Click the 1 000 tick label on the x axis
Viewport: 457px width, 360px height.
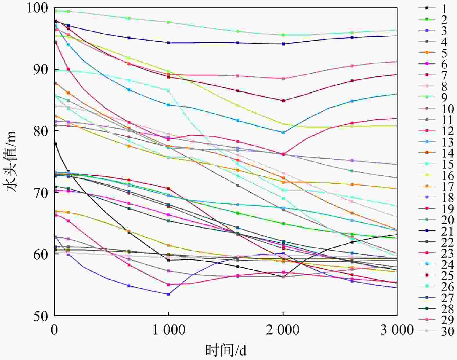pyautogui.click(x=169, y=330)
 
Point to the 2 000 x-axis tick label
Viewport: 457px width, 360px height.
pyautogui.click(x=283, y=330)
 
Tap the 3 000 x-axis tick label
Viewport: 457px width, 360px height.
pyautogui.click(x=397, y=330)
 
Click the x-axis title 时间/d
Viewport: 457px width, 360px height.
pyautogui.click(x=226, y=350)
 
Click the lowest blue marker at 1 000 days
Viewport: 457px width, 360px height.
pyautogui.click(x=169, y=294)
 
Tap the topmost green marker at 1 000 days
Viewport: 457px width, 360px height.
pyautogui.click(x=169, y=22)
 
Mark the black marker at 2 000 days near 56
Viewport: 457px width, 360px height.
pyautogui.click(x=283, y=277)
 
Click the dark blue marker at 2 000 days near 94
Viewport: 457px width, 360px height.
pyautogui.click(x=283, y=44)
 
